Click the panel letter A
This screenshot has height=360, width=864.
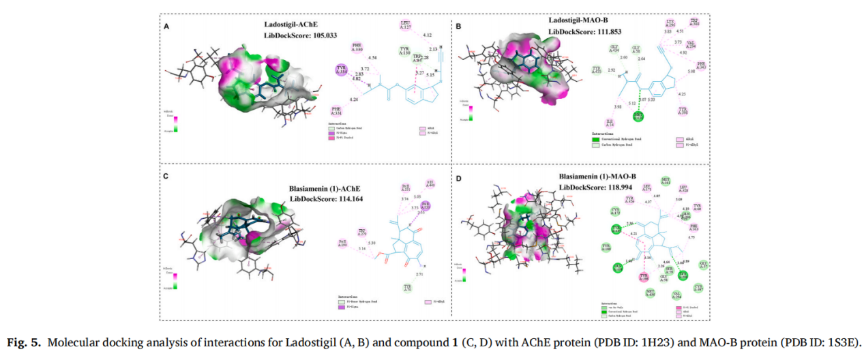[x=166, y=26]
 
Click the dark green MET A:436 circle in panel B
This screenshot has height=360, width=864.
[x=638, y=117]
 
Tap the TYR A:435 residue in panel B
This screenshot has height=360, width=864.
[x=597, y=70]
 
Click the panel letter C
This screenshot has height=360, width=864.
[x=166, y=176]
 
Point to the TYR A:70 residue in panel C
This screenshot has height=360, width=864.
[x=408, y=288]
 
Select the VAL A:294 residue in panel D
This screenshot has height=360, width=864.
[x=676, y=295]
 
